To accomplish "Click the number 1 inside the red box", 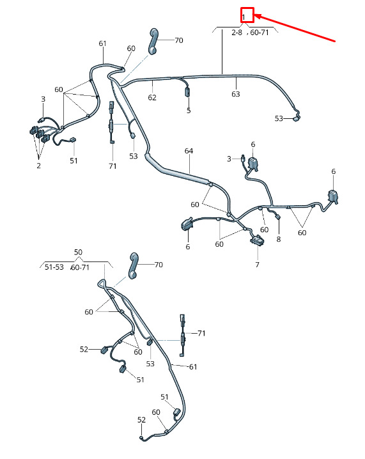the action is [x=244, y=17].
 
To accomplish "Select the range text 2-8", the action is [x=237, y=33].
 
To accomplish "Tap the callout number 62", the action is [x=152, y=97].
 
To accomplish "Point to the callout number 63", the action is [x=236, y=94].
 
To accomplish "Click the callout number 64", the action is [x=189, y=151].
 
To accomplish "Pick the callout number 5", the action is [x=189, y=111].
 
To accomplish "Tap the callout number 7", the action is [x=257, y=265].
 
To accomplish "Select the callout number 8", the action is [x=279, y=240].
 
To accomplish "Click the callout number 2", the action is [x=38, y=166].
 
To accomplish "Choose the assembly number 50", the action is [x=78, y=252].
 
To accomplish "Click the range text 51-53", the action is [x=54, y=267].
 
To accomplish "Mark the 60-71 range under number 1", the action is [x=260, y=33].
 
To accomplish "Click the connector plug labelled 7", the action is [x=257, y=240].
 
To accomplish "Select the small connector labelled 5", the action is [x=187, y=92].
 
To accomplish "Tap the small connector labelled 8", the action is [x=278, y=217].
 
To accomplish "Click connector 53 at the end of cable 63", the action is [x=297, y=118].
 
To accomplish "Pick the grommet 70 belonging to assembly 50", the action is [x=133, y=266].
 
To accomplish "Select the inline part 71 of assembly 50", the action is [x=183, y=336].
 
